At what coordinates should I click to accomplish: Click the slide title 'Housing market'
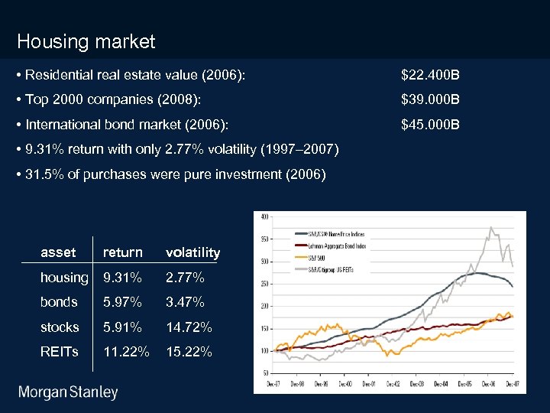(86, 41)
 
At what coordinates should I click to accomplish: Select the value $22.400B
(430, 76)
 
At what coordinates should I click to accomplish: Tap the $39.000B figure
(430, 100)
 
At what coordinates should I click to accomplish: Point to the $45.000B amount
(430, 125)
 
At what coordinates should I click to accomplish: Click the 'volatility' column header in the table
(192, 252)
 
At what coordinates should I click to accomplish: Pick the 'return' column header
(122, 252)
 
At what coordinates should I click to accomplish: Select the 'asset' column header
(58, 252)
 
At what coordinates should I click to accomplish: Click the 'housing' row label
(64, 278)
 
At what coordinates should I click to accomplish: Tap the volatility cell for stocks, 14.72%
(189, 327)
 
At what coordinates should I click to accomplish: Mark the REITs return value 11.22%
(126, 352)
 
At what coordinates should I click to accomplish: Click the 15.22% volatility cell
(189, 352)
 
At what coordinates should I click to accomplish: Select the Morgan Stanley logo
(68, 393)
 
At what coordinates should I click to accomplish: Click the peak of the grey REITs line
(491, 227)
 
